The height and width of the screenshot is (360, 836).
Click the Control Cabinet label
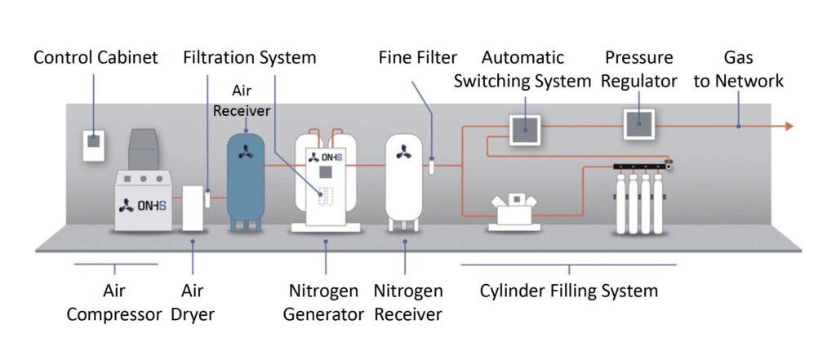96,58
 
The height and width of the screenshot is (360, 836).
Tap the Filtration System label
249,58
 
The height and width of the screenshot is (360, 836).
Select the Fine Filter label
417,58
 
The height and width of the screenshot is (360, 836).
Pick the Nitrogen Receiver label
407,302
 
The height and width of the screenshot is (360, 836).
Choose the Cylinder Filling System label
569,291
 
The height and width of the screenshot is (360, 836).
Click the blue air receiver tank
246,176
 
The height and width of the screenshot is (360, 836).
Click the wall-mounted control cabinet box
95,143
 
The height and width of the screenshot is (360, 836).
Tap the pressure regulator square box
639,125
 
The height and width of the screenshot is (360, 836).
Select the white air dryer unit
193,207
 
